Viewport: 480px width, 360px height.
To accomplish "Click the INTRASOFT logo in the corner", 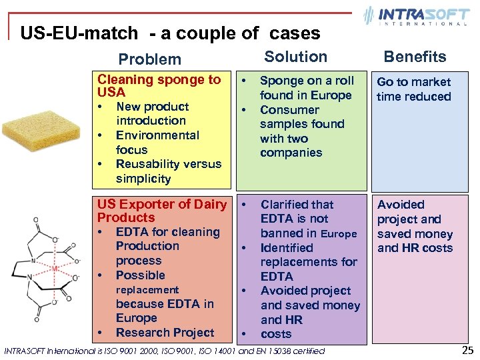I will coord(416,16).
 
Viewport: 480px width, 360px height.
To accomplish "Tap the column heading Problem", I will coord(149,59).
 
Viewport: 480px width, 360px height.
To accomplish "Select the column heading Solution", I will coord(296,57).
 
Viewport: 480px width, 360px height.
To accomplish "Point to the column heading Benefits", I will coord(415,57).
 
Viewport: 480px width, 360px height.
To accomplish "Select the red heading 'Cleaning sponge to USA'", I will coord(159,86).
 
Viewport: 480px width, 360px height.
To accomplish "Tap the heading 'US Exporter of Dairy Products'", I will coord(161,211).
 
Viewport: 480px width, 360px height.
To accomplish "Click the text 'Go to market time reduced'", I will coord(414,89).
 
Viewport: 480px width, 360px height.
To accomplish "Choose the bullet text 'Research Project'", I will coord(165,333).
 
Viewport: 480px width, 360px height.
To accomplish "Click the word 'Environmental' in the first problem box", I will coord(157,135).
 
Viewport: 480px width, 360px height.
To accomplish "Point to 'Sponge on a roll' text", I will coord(307,81).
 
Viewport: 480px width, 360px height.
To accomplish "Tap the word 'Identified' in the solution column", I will coord(287,247).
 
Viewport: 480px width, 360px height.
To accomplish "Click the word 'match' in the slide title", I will coord(112,33).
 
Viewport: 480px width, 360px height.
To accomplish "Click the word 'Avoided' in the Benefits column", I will coord(400,205).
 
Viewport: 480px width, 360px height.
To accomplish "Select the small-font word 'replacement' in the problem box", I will coord(147,290).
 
